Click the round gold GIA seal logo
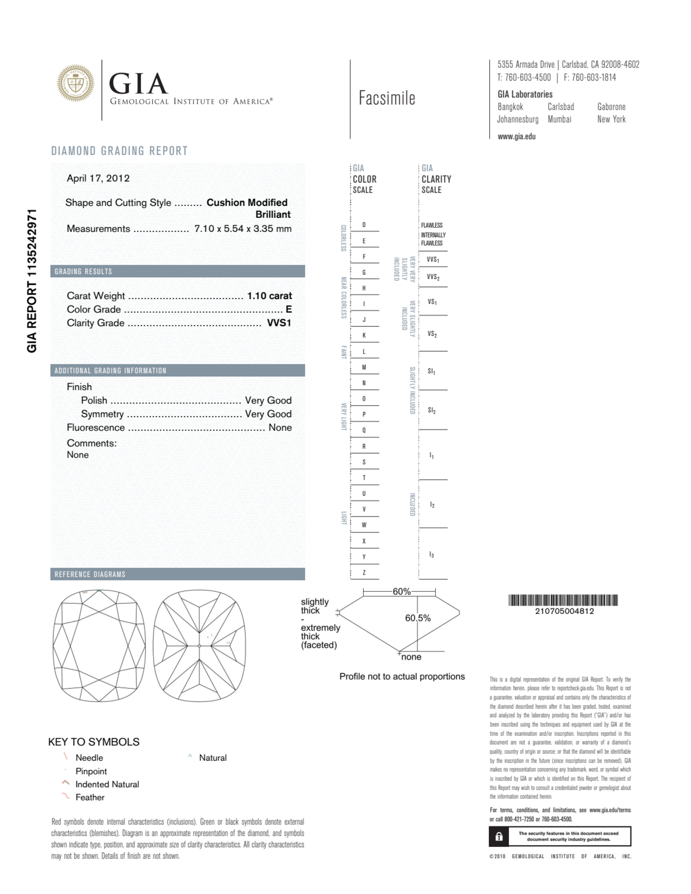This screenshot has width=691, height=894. coord(75,83)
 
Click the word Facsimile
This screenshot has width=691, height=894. coord(387,98)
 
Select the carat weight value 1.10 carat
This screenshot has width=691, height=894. coord(269,295)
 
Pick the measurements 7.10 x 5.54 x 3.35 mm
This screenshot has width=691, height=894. coord(243,229)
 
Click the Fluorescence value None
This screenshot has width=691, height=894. coord(280,427)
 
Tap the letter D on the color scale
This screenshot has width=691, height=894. coord(364,225)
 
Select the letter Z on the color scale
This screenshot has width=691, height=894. coord(364,572)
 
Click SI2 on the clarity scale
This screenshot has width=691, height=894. coord(432,410)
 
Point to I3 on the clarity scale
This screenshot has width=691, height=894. coord(432,555)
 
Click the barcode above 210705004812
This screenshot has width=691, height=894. coord(563,600)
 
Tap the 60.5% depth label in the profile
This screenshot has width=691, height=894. coord(418,618)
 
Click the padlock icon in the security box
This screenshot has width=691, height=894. coord(499,836)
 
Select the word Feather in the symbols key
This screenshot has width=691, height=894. coord(90,797)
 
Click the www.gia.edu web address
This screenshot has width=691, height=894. coord(516,137)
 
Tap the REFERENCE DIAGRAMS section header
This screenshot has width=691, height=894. coord(90,574)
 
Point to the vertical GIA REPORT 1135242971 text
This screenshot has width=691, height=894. coord(32,281)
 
